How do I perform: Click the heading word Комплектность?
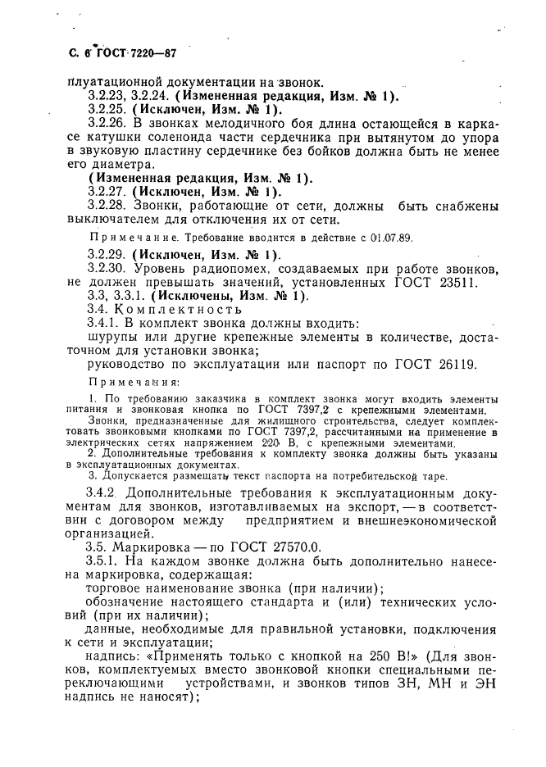coord(179,310)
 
